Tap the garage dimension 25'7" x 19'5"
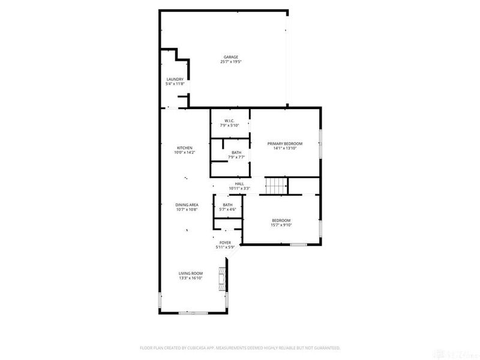(230, 62)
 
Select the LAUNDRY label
(175, 79)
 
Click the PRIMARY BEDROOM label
(284, 143)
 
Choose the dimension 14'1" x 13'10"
(284, 148)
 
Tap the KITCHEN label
(184, 148)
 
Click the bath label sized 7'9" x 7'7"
(236, 152)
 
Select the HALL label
(239, 184)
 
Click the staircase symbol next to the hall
(276, 186)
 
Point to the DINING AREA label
(187, 205)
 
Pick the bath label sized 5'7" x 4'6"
(227, 205)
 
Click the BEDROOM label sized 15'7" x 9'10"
(281, 220)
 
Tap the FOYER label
(225, 242)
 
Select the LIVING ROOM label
(190, 273)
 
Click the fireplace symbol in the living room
(223, 278)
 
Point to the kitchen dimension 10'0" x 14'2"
(184, 152)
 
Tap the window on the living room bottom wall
(191, 313)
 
